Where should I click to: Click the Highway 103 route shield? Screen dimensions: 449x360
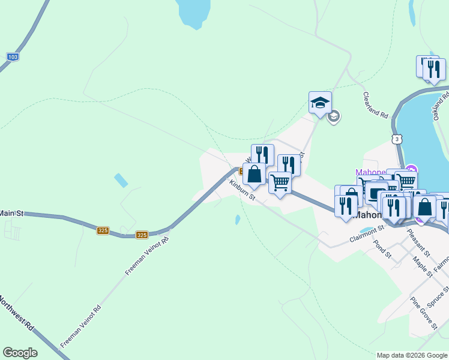[13, 56]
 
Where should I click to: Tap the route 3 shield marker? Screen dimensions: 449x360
[397, 139]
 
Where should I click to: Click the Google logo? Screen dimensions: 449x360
[20, 353]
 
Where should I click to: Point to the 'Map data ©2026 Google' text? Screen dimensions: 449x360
[411, 355]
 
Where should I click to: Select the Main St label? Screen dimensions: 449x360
[11, 213]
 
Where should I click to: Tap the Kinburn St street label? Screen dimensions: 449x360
[243, 189]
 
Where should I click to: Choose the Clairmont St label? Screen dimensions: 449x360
[366, 235]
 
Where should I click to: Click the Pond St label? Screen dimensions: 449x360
[382, 250]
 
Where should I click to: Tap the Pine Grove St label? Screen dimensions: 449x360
[423, 313]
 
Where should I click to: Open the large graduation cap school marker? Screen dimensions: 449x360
[320, 102]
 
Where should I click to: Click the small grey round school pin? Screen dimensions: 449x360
[334, 116]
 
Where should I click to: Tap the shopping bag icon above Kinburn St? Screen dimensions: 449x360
[254, 175]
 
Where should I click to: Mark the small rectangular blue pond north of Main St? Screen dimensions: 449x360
[121, 179]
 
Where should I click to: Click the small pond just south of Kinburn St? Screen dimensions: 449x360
[238, 220]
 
